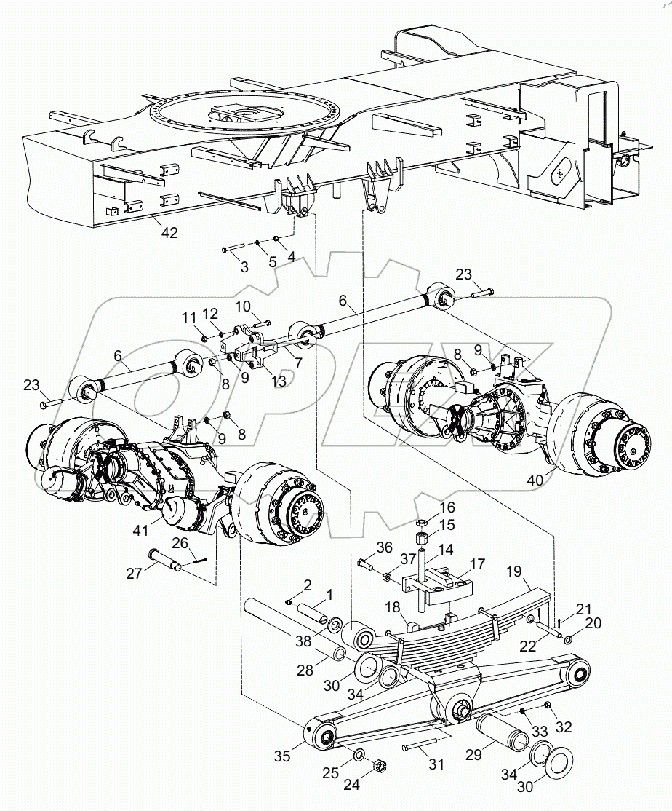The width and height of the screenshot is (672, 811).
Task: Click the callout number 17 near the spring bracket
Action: tap(476, 563)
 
